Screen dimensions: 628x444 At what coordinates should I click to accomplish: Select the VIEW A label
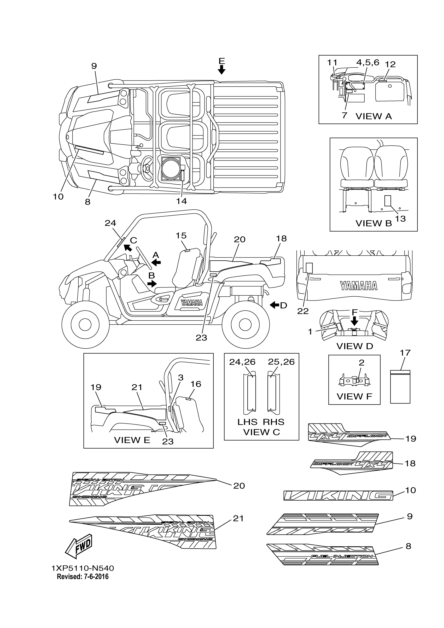coord(374,116)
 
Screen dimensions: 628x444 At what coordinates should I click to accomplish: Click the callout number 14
coord(181,201)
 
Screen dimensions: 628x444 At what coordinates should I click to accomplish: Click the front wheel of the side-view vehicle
coord(85,325)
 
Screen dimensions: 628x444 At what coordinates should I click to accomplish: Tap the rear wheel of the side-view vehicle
coord(246,325)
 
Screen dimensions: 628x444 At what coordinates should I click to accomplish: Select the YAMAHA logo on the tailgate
coord(359,286)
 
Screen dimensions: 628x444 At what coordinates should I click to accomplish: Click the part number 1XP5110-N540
coord(83,568)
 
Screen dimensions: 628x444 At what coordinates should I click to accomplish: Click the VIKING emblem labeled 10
coord(338,495)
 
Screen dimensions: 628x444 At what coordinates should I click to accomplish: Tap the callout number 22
coord(303,311)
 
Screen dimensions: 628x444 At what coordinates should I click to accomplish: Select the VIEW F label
coord(354,396)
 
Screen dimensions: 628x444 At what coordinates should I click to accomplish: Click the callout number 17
coord(405,353)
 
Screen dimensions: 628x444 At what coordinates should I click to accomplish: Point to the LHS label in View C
coord(247,422)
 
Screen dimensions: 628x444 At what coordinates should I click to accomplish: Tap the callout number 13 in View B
coord(400,219)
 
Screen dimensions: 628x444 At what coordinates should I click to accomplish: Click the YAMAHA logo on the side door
coord(191,303)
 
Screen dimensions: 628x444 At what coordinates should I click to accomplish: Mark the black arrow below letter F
coord(354,321)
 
